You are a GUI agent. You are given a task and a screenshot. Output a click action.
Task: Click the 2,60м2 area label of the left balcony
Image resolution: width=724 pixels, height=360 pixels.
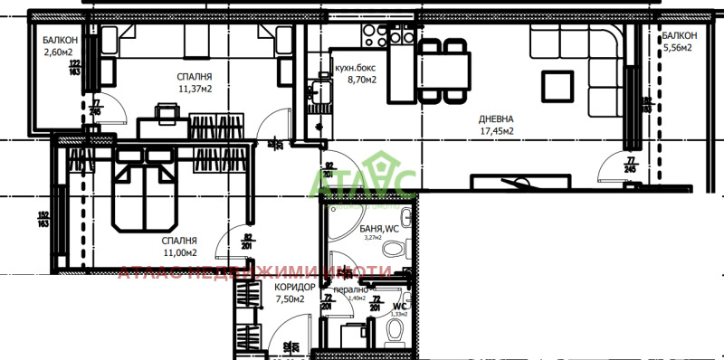click(59, 52)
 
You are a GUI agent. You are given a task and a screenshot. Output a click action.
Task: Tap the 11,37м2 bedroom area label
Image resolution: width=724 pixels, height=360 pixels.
click(195, 89)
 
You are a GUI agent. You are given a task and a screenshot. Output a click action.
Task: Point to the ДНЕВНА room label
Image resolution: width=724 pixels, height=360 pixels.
click(497, 118)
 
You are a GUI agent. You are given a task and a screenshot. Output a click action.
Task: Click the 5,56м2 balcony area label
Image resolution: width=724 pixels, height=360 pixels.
click(677, 48)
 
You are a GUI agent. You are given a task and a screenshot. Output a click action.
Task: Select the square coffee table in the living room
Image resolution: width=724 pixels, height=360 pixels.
click(558, 84)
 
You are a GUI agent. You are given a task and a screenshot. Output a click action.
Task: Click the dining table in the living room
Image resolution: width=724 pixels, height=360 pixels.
click(443, 69)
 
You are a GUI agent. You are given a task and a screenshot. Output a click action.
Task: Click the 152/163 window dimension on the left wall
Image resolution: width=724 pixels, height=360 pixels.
click(43, 219)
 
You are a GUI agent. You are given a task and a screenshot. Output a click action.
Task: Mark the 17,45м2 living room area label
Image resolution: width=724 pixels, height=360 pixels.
click(497, 130)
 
